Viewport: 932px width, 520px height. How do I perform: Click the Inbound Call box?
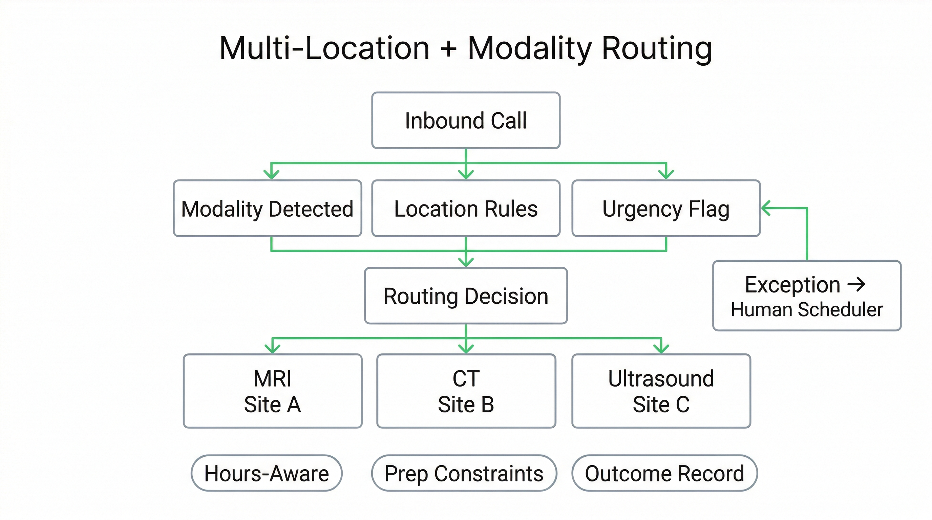[466, 121]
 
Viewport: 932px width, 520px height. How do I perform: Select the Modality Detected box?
[267, 209]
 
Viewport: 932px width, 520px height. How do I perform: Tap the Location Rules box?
[466, 209]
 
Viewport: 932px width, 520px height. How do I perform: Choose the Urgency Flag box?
[666, 209]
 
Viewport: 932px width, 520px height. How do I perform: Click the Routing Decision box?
[466, 296]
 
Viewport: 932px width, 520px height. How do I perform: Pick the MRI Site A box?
[272, 391]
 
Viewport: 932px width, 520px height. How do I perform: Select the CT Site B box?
[466, 391]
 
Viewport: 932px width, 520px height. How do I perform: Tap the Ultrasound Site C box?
[661, 391]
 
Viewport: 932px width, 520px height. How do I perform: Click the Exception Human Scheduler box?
[806, 296]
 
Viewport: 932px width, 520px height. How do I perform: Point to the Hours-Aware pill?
[267, 473]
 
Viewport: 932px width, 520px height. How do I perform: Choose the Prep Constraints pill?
[464, 473]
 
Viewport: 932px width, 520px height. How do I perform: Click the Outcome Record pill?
[664, 473]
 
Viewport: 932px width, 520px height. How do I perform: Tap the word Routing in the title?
[657, 49]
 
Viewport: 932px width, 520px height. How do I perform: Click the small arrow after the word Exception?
[856, 285]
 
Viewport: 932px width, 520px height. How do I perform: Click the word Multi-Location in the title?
[324, 49]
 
